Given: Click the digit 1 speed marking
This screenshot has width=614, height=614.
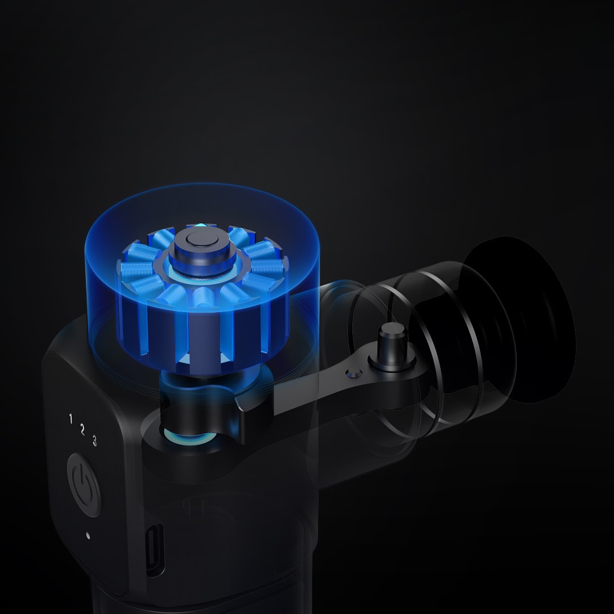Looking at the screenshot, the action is tap(70, 418).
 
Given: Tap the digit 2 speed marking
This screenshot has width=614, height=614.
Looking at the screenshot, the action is tap(82, 430).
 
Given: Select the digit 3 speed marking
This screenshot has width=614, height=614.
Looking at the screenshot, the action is tap(94, 441).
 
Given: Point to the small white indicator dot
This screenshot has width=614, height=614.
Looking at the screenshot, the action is tap(88, 536).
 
